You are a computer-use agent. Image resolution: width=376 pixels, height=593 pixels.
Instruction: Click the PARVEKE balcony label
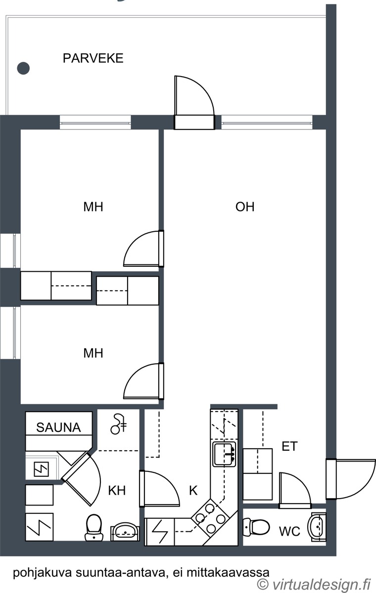click(x=93, y=58)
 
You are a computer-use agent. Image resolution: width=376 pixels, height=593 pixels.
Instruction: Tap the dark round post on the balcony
click(x=23, y=68)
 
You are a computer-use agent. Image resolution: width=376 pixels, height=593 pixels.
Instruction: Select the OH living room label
click(x=245, y=207)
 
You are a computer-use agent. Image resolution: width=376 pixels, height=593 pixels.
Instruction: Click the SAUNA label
click(x=58, y=427)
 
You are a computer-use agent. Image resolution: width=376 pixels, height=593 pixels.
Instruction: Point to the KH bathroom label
click(x=117, y=491)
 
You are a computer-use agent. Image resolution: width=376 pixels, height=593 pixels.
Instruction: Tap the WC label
click(x=289, y=531)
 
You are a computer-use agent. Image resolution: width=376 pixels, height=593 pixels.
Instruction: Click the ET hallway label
click(x=289, y=446)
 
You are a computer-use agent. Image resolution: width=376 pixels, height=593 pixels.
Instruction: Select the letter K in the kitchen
click(x=193, y=491)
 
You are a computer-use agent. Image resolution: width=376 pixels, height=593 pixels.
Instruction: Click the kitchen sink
click(x=225, y=455)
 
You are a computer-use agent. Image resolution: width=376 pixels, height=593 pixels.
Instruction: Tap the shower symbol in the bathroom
click(x=118, y=424)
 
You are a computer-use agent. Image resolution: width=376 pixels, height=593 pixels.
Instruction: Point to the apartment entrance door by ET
click(x=351, y=479)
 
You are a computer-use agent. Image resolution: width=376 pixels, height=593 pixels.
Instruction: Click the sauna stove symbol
click(x=42, y=469)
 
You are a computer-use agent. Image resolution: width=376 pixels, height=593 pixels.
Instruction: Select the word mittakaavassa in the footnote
click(x=228, y=572)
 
